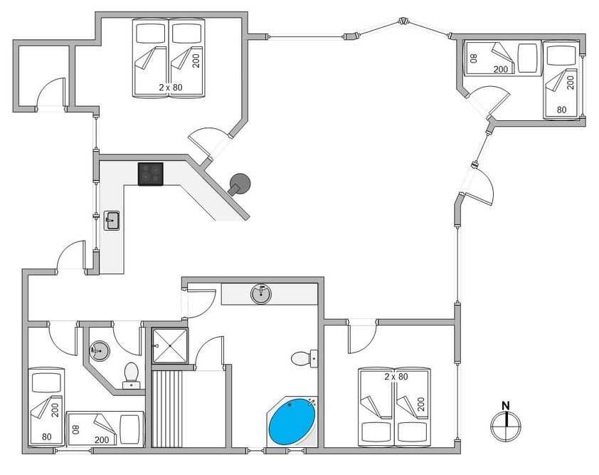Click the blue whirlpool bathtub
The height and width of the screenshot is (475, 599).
coord(292,422)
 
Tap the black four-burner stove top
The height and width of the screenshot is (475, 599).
coord(151,174)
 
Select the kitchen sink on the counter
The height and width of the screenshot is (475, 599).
coord(112,220)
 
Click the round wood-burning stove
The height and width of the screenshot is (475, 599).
coord(239,184)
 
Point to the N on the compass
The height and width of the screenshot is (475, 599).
coord(506,405)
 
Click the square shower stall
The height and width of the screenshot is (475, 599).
coord(170,345)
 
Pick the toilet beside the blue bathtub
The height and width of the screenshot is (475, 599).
coord(304,359)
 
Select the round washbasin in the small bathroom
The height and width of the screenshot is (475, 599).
coord(100,350)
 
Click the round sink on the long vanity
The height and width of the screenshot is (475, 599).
coord(261,294)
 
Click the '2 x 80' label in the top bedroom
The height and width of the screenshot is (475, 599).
coord(171,87)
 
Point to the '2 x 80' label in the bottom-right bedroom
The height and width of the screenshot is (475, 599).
coord(396,377)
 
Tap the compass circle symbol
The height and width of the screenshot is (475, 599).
coord(506,425)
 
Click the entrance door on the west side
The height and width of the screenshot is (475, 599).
coord(71,256)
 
